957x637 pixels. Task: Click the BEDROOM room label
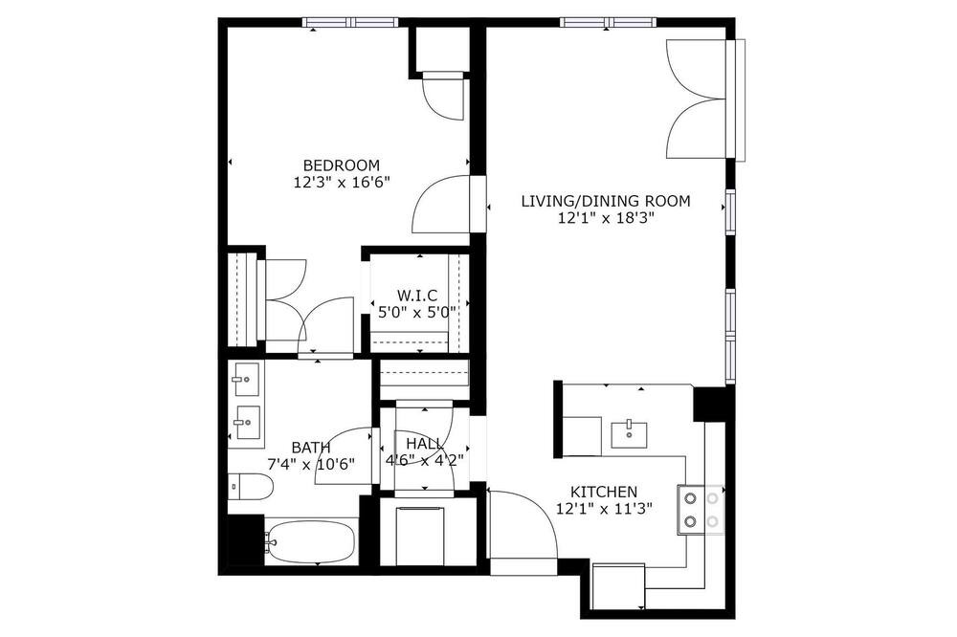point(342,165)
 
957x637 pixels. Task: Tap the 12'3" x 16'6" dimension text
point(342,183)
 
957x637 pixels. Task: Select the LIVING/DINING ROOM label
point(606,201)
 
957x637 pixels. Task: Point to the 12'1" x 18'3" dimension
point(606,218)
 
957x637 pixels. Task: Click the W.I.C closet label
point(417,296)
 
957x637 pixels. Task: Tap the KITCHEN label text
point(604,492)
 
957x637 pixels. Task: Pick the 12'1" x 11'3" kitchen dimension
point(604,508)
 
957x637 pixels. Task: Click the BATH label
point(311,448)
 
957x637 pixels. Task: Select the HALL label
point(424,444)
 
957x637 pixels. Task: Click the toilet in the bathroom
point(251,486)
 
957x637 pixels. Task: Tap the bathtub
point(311,541)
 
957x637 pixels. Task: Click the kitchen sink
point(629,432)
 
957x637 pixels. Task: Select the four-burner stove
point(701,510)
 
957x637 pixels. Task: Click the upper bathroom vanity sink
point(246,380)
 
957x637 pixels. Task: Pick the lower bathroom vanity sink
point(247,422)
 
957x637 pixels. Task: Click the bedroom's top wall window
point(351,23)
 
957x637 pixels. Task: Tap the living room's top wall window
point(609,23)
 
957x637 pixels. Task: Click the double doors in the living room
point(697,99)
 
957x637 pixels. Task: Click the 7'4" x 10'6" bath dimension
point(311,464)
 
